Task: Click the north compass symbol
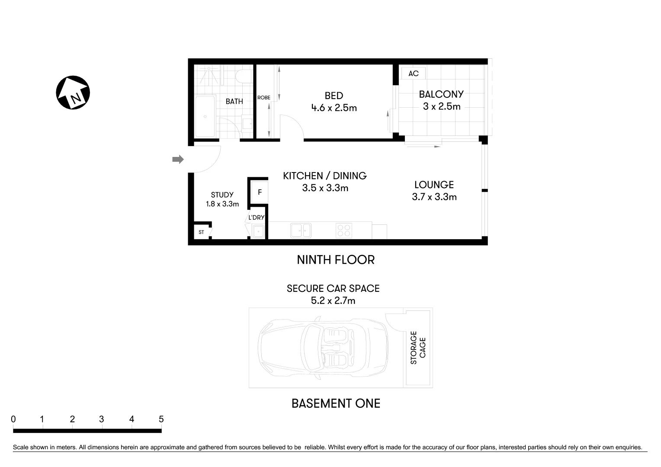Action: point(73,93)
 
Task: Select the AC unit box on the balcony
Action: point(413,74)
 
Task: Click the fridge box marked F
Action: point(260,192)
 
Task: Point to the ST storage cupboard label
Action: point(201,232)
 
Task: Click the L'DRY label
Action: point(256,218)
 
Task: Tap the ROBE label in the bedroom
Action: point(264,98)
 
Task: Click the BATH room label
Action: point(234,102)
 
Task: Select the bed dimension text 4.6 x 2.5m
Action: point(334,108)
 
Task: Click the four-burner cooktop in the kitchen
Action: point(344,230)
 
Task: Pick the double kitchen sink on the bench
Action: point(301,230)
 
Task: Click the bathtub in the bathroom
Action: point(205,116)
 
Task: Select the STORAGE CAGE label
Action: point(418,348)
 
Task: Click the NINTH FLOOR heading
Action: point(336,260)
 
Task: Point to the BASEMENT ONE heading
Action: point(336,403)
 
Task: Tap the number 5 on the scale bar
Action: point(161,419)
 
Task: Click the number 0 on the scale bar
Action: point(13,419)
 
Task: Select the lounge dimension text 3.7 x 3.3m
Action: point(434,197)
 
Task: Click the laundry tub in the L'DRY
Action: point(258,232)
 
